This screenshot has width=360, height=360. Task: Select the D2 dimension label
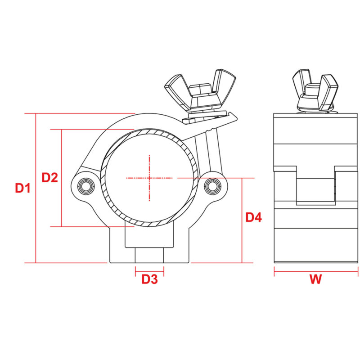(x=49, y=177)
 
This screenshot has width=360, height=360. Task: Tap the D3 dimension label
(x=150, y=279)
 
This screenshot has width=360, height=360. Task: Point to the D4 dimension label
(x=253, y=218)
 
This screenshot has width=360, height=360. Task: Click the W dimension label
(x=316, y=279)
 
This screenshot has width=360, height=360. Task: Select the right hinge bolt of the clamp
(x=212, y=185)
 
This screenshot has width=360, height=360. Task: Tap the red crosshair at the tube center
(x=148, y=178)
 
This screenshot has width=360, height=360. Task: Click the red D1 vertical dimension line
(x=36, y=188)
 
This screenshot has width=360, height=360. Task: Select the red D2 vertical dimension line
(x=61, y=177)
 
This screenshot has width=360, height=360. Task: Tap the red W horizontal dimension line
(x=316, y=271)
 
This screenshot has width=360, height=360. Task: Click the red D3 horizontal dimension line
(x=150, y=271)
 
